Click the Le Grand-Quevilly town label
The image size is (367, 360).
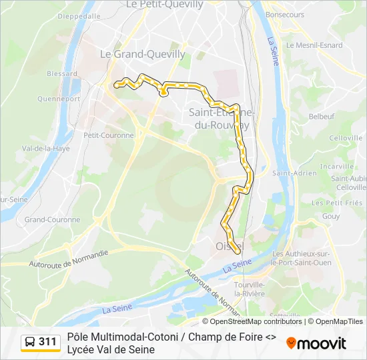tap(142, 54)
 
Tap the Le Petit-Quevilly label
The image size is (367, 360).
tap(164, 5)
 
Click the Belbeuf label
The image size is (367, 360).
tap(321, 116)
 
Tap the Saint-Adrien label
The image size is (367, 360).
tap(294, 173)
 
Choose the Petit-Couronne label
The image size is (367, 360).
tap(109, 135)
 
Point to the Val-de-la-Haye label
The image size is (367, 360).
tap(46, 149)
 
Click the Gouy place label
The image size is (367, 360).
tap(331, 216)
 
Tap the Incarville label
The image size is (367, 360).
tap(336, 166)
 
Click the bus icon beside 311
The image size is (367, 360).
tap(30, 342)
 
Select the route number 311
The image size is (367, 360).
tap(48, 342)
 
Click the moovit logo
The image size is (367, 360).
tap(316, 343)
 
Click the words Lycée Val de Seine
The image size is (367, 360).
tap(111, 349)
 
